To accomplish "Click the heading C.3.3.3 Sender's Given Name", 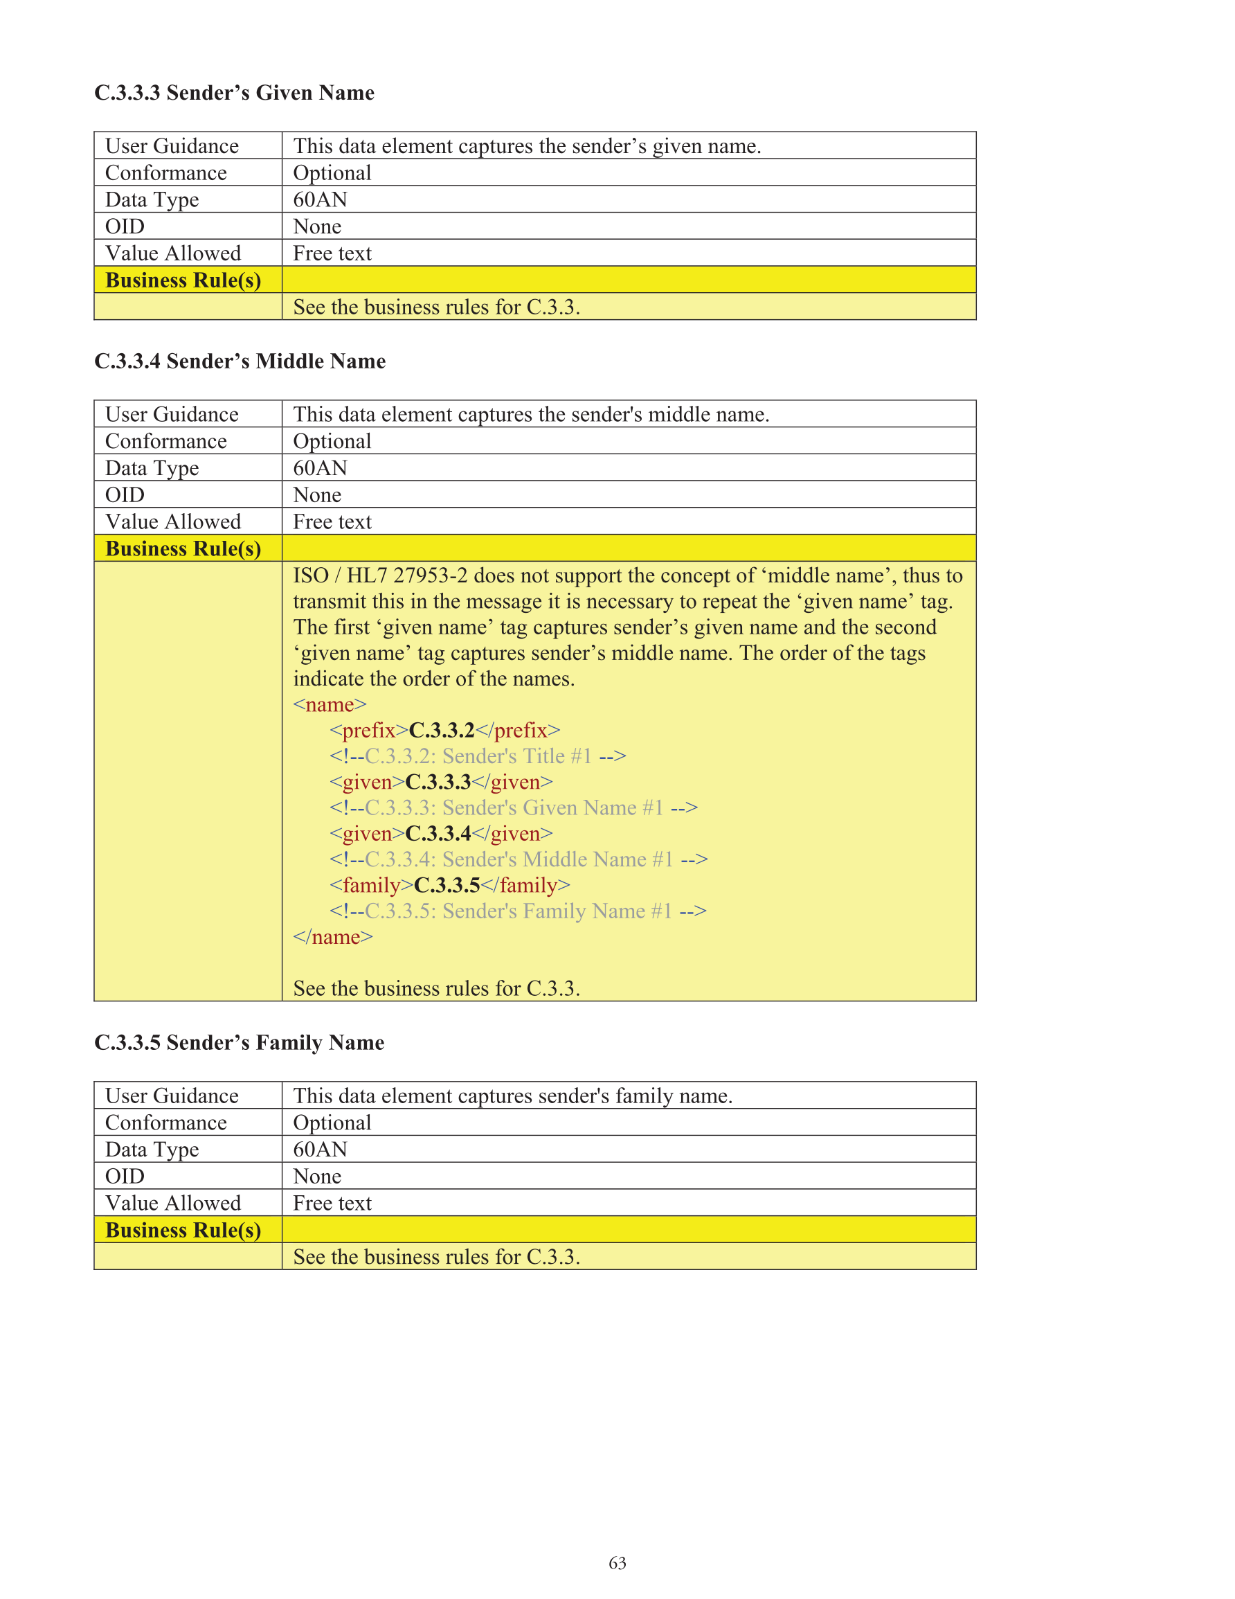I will point(234,93).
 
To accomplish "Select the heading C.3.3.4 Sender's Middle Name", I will point(240,361).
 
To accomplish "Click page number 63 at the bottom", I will point(617,1563).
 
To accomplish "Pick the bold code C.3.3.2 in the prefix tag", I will point(442,730).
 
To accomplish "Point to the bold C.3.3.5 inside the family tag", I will point(447,885).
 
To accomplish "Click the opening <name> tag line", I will point(330,704).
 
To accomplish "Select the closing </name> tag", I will point(332,937).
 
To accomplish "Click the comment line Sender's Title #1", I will point(477,756).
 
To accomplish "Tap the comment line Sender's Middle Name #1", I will point(519,859).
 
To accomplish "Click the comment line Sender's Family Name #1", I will point(518,911).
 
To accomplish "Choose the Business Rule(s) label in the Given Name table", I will point(183,280).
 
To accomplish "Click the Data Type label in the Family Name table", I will point(152,1150).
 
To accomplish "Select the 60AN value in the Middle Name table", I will point(320,468).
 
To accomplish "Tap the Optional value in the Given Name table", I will point(332,173).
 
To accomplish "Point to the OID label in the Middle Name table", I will point(125,495).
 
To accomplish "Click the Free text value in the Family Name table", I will point(332,1203).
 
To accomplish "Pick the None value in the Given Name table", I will point(317,227).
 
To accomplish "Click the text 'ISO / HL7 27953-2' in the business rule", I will point(380,575).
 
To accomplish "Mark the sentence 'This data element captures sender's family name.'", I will point(512,1096).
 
